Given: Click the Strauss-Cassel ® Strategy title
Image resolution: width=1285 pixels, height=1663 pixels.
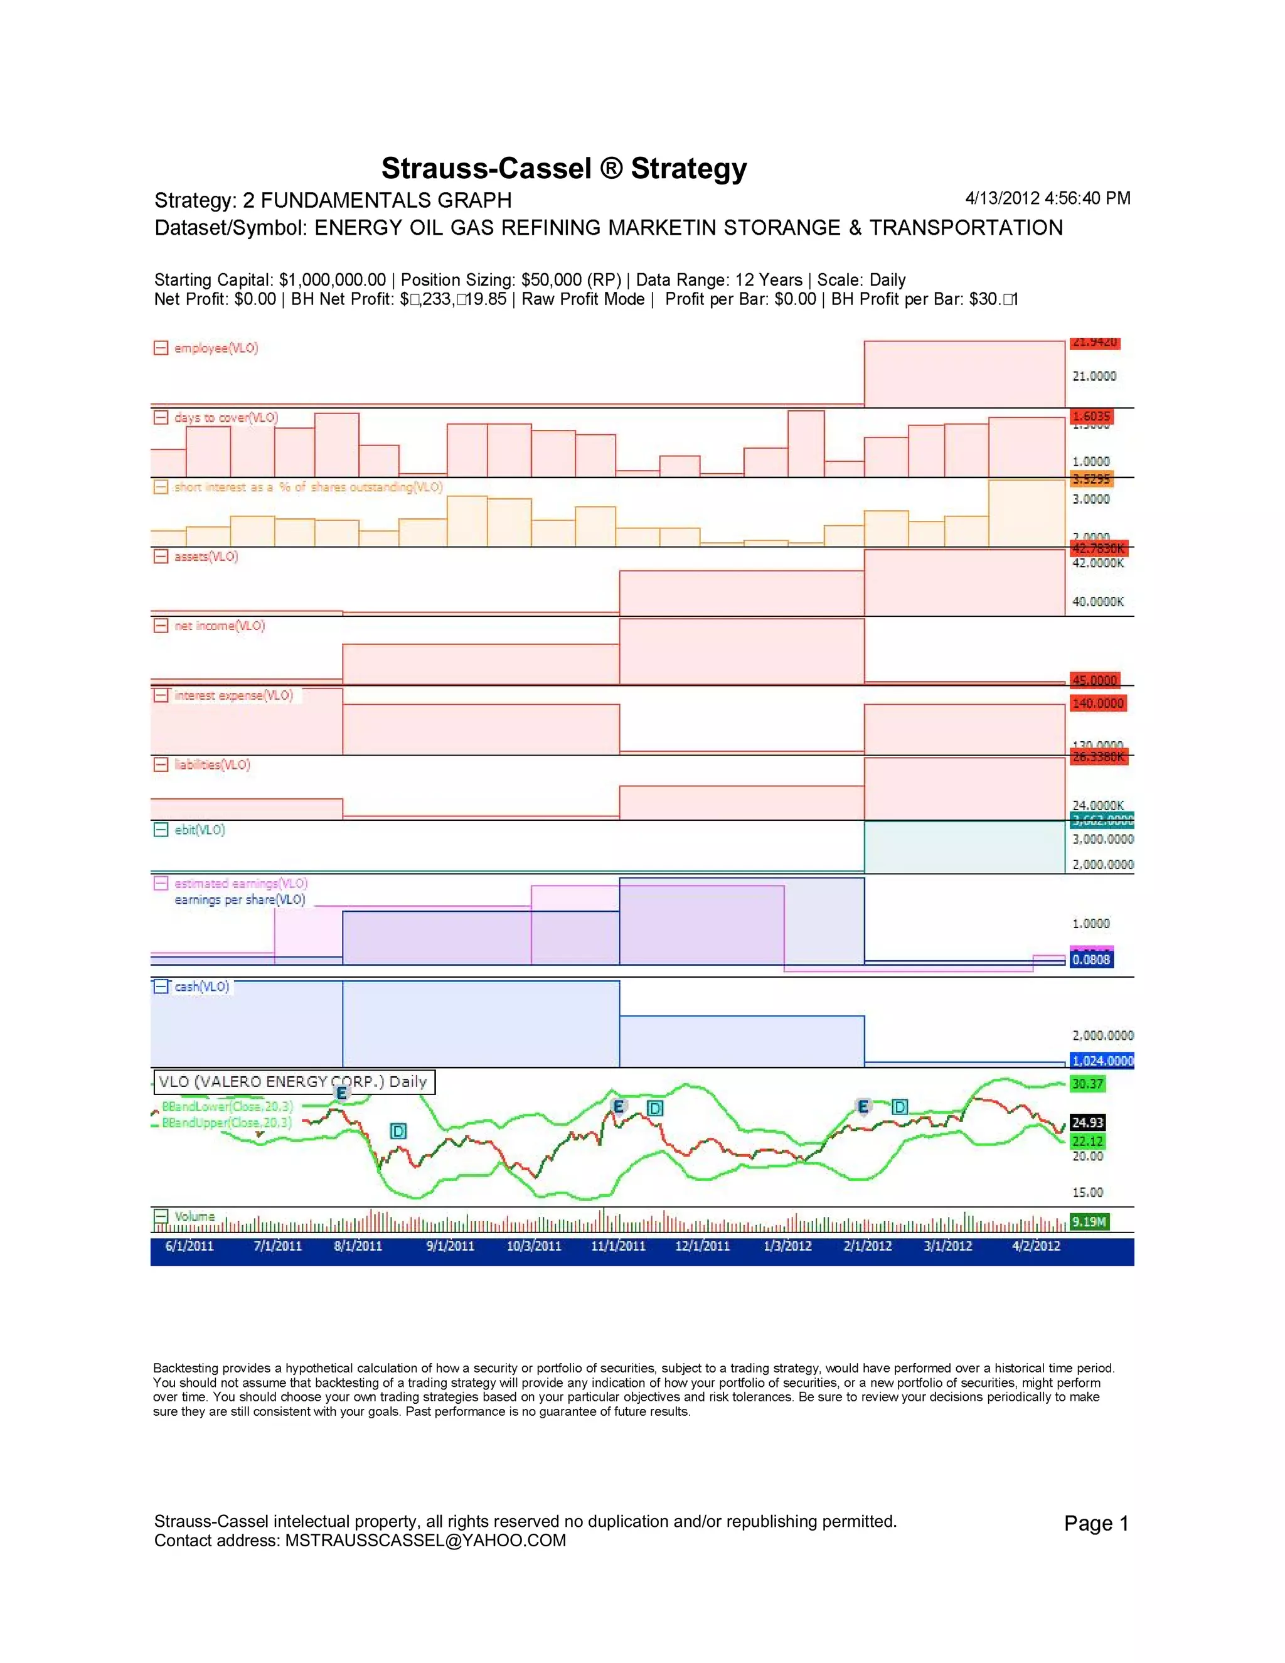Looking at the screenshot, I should pos(563,168).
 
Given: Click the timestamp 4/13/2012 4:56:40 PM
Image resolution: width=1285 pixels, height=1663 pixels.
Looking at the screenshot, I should pos(1047,198).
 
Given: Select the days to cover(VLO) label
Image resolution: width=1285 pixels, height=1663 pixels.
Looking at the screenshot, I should pos(226,417).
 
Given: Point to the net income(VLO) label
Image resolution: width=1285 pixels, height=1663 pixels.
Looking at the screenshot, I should pos(219,626).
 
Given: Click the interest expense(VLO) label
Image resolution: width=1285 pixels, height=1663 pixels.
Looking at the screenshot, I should pos(233,695).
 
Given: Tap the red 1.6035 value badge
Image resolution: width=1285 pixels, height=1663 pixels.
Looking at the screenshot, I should pos(1092,415).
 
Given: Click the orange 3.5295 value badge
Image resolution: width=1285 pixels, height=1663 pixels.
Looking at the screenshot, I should pos(1092,479).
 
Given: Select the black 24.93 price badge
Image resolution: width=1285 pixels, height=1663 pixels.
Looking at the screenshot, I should pos(1088,1123).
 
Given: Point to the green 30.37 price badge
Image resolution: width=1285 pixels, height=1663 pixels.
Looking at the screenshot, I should pos(1088,1084).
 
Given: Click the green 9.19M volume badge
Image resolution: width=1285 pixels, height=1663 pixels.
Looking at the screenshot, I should pos(1089,1221).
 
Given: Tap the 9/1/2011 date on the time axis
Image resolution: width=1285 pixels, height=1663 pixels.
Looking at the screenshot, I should pos(450,1246).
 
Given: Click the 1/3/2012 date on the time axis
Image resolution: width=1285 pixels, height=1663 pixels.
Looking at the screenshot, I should pos(787,1246).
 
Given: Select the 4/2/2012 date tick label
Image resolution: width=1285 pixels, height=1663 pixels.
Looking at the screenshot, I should pos(1035,1246).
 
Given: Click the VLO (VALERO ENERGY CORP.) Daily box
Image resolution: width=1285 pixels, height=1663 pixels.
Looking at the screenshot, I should pos(294,1082).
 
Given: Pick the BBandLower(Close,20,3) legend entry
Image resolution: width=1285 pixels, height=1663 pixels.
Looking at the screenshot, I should pos(227,1106).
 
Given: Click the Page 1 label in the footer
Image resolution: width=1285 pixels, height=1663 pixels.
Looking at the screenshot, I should pos(1096,1524).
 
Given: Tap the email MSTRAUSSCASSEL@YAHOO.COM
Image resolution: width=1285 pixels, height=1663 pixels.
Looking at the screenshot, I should pos(425,1541).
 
